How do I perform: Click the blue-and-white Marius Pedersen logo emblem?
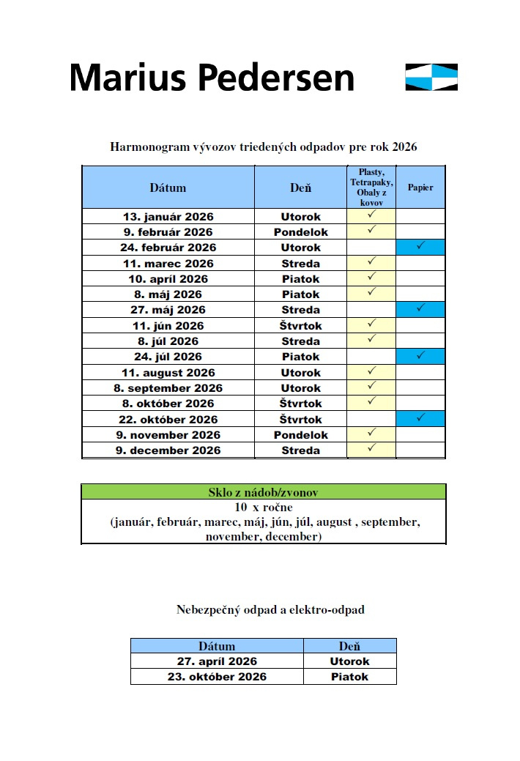[431, 77]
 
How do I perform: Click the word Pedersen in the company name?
[278, 78]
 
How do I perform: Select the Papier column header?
[420, 188]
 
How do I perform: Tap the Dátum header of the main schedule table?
[168, 188]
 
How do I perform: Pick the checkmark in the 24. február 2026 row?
[420, 247]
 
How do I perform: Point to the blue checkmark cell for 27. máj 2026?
[420, 309]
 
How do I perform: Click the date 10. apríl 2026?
[168, 279]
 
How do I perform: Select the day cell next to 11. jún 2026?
[300, 325]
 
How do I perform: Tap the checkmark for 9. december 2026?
[371, 448]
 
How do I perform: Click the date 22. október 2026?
[168, 420]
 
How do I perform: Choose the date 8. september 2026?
[168, 388]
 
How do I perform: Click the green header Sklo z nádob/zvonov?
[263, 492]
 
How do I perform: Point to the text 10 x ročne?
[263, 507]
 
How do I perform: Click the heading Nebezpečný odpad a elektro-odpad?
[270, 609]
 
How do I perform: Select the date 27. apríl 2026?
[217, 661]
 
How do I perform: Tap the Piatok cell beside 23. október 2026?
[349, 677]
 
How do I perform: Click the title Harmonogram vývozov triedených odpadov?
[263, 146]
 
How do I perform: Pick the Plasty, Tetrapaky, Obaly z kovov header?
[371, 188]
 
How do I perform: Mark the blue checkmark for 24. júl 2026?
[420, 356]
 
